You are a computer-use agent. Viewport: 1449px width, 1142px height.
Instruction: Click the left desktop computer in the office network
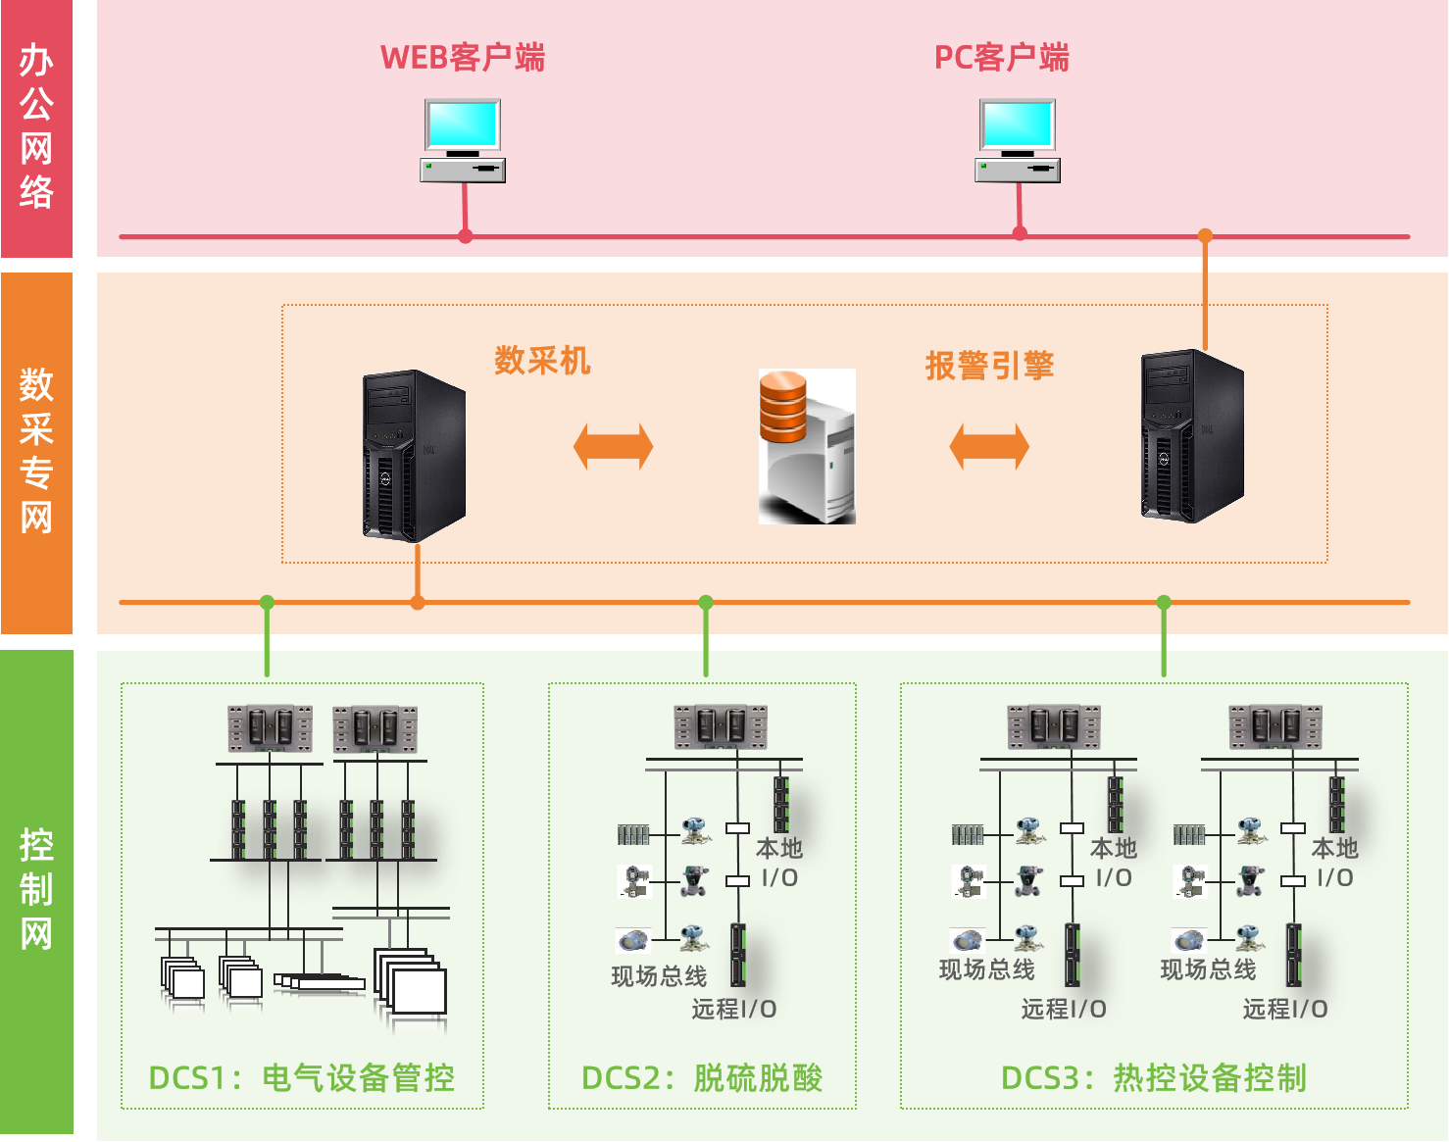pyautogui.click(x=463, y=140)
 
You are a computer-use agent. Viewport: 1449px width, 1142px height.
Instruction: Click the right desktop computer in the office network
pyautogui.click(x=1018, y=140)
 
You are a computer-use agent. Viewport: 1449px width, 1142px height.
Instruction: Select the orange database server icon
pyautogui.click(x=807, y=446)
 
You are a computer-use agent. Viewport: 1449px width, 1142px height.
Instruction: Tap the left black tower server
pyautogui.click(x=414, y=456)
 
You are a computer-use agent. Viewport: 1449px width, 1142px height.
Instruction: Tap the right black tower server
pyautogui.click(x=1192, y=435)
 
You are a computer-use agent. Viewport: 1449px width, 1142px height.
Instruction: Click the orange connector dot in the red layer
pyautogui.click(x=1205, y=236)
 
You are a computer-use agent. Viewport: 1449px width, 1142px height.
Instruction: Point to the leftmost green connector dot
pyautogui.click(x=267, y=602)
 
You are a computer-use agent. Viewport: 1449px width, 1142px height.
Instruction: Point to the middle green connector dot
pyautogui.click(x=706, y=602)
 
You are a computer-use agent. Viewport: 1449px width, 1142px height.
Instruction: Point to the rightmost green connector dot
pyautogui.click(x=1164, y=602)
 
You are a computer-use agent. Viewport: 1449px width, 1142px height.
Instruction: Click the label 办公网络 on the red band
pyautogui.click(x=36, y=125)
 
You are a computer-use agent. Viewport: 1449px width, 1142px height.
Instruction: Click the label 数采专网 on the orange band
pyautogui.click(x=36, y=451)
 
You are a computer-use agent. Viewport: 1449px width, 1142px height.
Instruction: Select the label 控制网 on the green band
pyautogui.click(x=36, y=889)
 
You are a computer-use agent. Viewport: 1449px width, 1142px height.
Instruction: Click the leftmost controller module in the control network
pyautogui.click(x=270, y=728)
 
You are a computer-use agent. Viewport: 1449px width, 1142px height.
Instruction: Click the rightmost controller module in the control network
pyautogui.click(x=1275, y=728)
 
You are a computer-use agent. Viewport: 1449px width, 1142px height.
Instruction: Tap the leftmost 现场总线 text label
pyautogui.click(x=659, y=976)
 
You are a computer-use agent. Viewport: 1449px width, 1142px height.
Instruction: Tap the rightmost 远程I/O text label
pyautogui.click(x=1284, y=1009)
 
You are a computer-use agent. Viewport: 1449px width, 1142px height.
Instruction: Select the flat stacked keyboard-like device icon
pyautogui.click(x=320, y=983)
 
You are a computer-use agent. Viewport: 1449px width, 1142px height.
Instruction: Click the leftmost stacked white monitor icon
pyautogui.click(x=183, y=981)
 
